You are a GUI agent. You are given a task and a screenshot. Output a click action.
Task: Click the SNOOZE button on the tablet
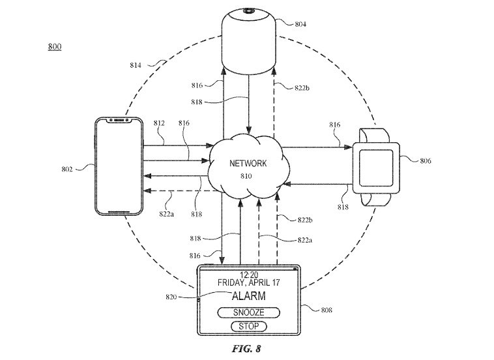(248, 312)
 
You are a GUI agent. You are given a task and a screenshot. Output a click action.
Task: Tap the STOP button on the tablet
(248, 326)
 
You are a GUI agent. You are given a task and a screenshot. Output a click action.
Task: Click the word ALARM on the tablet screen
(249, 296)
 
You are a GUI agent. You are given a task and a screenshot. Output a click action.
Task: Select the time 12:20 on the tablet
(249, 275)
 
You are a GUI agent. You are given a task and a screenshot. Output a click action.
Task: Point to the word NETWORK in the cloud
(248, 163)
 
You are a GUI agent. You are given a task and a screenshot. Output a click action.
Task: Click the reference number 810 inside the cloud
(246, 176)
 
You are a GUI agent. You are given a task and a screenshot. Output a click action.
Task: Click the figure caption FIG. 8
(246, 349)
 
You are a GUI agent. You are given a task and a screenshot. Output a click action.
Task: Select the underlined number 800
(55, 47)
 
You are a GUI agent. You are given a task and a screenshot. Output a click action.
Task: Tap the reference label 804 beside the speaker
(300, 24)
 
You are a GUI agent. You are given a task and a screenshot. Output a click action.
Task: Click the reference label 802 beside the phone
(67, 170)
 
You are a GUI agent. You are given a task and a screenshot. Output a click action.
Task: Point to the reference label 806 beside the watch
(426, 161)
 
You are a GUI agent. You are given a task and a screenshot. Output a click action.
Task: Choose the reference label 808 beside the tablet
(327, 310)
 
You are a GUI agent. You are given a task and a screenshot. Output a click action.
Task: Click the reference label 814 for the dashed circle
(136, 65)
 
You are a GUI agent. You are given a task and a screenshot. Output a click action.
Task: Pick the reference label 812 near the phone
(159, 123)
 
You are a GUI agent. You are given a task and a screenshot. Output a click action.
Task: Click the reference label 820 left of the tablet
(171, 297)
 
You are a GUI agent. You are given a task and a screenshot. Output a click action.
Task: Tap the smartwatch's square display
(376, 168)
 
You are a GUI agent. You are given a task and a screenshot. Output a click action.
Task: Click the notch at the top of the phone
(119, 120)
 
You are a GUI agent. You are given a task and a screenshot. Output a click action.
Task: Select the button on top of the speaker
(249, 11)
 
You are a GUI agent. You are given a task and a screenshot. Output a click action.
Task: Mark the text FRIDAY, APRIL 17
(248, 282)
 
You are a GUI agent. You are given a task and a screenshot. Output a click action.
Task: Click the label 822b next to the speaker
(302, 88)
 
